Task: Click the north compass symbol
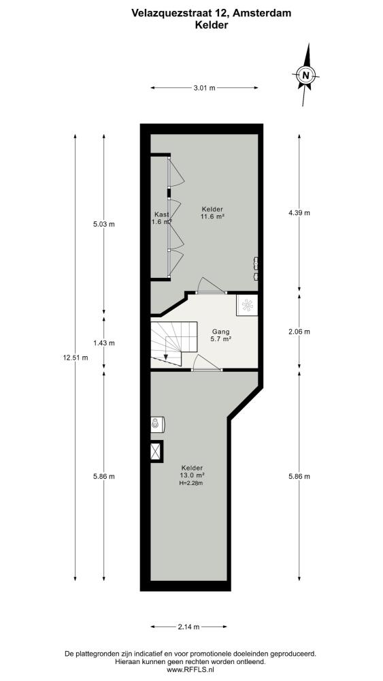click(306, 75)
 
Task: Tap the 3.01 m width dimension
click(204, 88)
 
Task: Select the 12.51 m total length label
click(76, 358)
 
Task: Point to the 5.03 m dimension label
click(103, 224)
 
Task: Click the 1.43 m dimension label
click(103, 343)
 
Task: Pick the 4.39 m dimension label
click(299, 212)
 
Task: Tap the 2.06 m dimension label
click(299, 332)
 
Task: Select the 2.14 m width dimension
click(188, 627)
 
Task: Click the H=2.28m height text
click(191, 483)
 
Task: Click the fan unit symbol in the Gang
click(247, 305)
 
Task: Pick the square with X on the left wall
click(156, 452)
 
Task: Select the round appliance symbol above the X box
click(156, 424)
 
